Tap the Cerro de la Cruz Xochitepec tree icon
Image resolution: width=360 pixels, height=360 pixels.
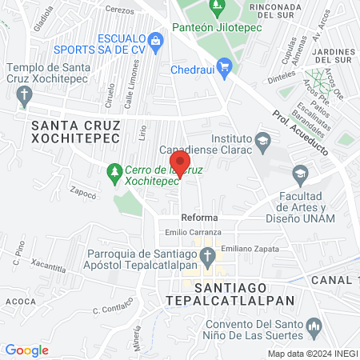coord(114,170)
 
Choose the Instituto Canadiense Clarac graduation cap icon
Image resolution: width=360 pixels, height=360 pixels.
coord(262,142)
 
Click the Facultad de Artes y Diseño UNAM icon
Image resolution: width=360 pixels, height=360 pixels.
coord(299,173)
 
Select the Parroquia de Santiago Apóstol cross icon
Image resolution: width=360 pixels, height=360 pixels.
coord(207,256)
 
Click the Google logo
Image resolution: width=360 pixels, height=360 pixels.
coord(26,350)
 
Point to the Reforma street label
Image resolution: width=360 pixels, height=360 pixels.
coord(199,218)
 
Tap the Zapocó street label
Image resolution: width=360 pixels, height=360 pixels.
coord(83,192)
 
